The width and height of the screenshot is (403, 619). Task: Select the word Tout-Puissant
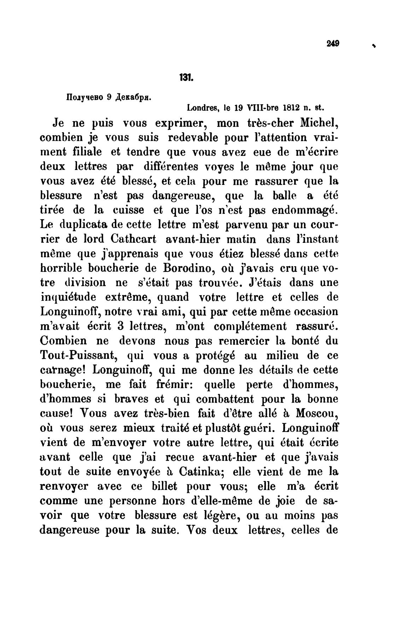click(79, 356)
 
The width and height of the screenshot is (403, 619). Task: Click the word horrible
click(63, 268)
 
